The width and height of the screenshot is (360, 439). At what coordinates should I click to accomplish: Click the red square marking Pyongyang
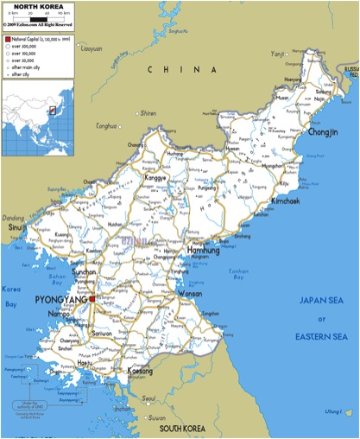pyautogui.click(x=92, y=298)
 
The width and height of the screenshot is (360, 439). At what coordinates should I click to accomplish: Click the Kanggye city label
pyautogui.click(x=155, y=177)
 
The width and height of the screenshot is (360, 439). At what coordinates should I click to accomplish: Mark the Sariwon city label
pyautogui.click(x=104, y=333)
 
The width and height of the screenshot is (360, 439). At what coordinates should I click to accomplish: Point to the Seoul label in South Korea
pyautogui.click(x=150, y=399)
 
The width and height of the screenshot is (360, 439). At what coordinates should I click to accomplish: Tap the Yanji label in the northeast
pyautogui.click(x=277, y=54)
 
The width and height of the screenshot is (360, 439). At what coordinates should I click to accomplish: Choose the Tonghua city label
pyautogui.click(x=106, y=126)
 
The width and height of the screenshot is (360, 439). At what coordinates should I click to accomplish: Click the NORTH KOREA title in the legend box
pyautogui.click(x=37, y=7)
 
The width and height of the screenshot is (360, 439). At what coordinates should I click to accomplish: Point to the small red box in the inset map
pyautogui.click(x=52, y=111)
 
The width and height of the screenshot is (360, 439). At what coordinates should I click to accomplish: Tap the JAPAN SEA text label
pyautogui.click(x=321, y=300)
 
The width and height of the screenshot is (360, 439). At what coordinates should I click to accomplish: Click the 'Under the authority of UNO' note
pyautogui.click(x=29, y=404)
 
